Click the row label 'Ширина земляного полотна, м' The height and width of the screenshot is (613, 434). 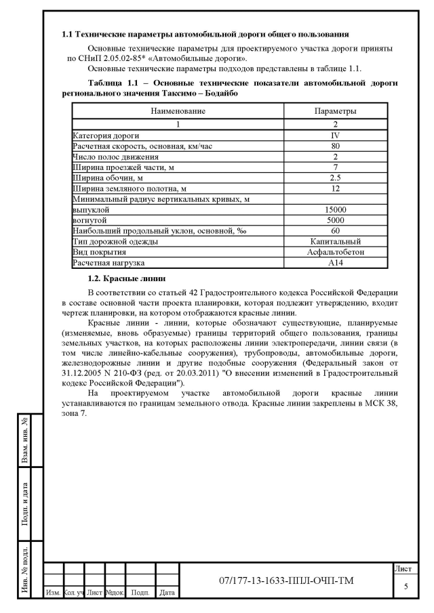point(129,188)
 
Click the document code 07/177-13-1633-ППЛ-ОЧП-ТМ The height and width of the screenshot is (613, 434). point(286,581)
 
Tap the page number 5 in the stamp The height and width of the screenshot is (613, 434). point(406,586)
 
